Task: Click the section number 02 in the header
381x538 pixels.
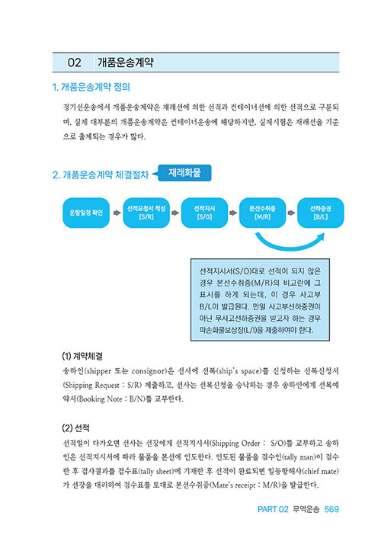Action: [x=74, y=62]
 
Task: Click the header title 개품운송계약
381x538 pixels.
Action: [x=126, y=62]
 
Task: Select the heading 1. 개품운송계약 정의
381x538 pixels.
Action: [x=91, y=87]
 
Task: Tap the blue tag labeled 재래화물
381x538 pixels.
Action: [x=184, y=173]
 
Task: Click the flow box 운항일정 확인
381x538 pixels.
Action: [x=86, y=213]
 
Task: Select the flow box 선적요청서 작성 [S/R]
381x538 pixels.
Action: [x=146, y=213]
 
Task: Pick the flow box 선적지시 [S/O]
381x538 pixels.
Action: [x=204, y=213]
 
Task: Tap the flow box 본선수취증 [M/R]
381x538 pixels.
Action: [x=263, y=213]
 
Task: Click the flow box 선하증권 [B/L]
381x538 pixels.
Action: [x=321, y=213]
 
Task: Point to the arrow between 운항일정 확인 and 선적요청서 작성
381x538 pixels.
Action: [x=117, y=213]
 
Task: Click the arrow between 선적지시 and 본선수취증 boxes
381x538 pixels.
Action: [x=233, y=213]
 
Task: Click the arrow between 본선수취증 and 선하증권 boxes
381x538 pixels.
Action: [x=291, y=213]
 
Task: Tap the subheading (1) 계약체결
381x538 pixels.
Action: [x=82, y=356]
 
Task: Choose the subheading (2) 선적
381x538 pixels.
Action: [x=76, y=428]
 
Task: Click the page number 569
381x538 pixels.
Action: [x=331, y=509]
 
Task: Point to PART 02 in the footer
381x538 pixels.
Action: [x=273, y=509]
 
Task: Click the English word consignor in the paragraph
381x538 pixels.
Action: [x=149, y=371]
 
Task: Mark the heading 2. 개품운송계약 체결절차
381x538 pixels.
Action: [x=101, y=175]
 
